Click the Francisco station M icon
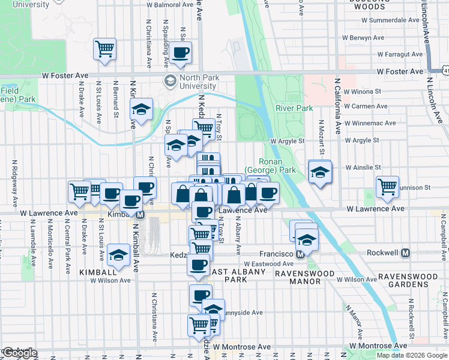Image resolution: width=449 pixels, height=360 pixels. coord(300,254)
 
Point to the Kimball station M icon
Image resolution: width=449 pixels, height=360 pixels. coord(140,215)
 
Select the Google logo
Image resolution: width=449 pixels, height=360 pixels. coord(20,353)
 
